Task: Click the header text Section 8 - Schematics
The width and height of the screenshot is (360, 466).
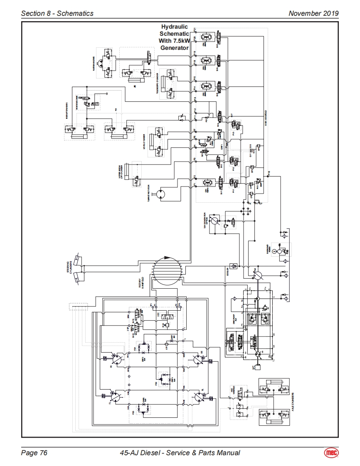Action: point(57,13)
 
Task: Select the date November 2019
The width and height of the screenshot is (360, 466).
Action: point(313,13)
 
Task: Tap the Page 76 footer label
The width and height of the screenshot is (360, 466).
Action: point(34,453)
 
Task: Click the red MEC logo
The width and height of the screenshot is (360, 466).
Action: point(331,453)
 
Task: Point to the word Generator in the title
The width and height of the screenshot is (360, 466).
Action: point(175,48)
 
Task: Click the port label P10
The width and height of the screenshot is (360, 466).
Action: point(269,172)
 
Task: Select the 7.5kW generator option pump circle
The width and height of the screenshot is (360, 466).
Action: point(215,221)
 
